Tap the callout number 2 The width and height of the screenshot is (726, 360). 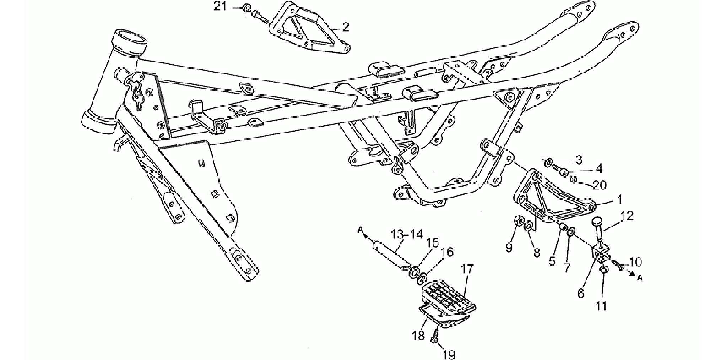click(345, 27)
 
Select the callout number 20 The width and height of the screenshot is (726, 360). click(600, 185)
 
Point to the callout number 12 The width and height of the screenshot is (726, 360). click(627, 216)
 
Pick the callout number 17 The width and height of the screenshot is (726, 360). click(467, 269)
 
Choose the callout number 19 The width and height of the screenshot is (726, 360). click(449, 354)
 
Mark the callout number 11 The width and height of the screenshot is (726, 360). click(601, 306)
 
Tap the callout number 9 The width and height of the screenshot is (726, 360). click(509, 247)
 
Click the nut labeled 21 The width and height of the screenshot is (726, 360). click(246, 7)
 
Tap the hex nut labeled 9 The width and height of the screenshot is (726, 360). click(519, 221)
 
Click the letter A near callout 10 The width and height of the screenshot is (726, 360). click(640, 278)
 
